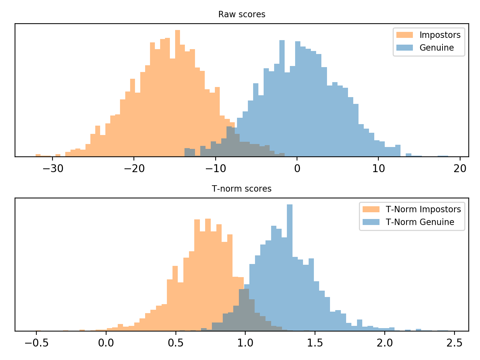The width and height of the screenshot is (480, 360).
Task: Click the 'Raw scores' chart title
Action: coord(241,15)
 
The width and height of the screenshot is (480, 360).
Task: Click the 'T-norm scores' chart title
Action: coord(241,189)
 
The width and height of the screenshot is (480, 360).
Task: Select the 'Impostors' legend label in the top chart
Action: coord(440,35)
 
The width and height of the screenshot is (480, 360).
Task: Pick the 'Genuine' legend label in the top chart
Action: coord(436,48)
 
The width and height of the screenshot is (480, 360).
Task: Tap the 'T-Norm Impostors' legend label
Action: coord(423,210)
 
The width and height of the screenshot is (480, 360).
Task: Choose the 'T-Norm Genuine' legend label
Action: coord(420,222)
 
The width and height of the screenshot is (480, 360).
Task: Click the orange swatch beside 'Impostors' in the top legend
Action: coord(405,35)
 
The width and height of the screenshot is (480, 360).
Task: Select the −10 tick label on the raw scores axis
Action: coord(215,169)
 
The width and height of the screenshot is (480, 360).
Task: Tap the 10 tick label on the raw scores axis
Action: coord(379,169)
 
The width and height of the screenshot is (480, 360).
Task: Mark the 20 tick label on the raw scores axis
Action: coord(460,169)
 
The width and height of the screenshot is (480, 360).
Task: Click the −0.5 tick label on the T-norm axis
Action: coord(36,343)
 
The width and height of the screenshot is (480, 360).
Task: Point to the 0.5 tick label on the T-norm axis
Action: coord(176,343)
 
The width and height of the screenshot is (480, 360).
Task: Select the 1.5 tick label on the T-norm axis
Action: coord(315,343)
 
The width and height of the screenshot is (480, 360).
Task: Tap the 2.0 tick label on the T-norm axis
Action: coord(385,343)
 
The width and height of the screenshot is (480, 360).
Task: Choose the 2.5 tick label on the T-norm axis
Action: coord(454,343)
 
